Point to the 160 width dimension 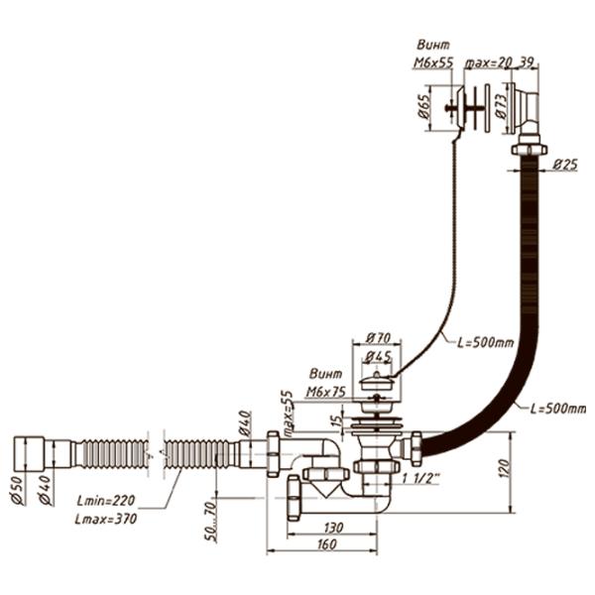320,544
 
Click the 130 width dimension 332,529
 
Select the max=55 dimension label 288,413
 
